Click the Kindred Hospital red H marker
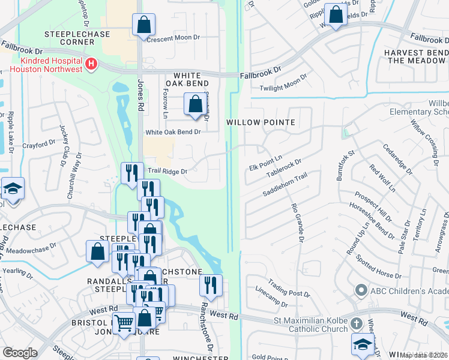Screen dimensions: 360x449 tap(91, 64)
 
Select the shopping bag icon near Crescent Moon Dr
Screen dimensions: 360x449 tap(144, 25)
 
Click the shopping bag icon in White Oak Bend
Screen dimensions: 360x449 tap(196, 104)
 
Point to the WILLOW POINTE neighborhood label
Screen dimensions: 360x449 tap(261, 122)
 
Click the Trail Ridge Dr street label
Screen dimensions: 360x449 tap(167, 172)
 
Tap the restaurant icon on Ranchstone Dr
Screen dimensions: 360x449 tap(211, 285)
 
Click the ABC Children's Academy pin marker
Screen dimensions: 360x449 tap(361, 290)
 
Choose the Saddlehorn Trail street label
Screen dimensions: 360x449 tap(285, 185)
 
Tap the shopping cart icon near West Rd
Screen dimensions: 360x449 tap(124, 323)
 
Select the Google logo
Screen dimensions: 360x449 tap(20, 353)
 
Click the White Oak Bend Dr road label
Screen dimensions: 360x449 tap(173, 132)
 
